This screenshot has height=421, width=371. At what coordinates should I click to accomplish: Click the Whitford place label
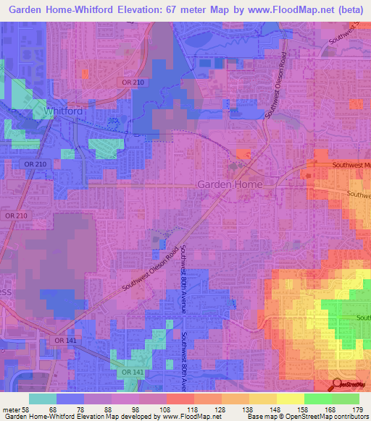(59, 112)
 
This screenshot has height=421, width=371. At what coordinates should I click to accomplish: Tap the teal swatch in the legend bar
(42, 399)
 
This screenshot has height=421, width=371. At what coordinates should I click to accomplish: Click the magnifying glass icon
(335, 384)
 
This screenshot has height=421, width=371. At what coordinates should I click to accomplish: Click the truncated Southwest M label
(351, 165)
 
